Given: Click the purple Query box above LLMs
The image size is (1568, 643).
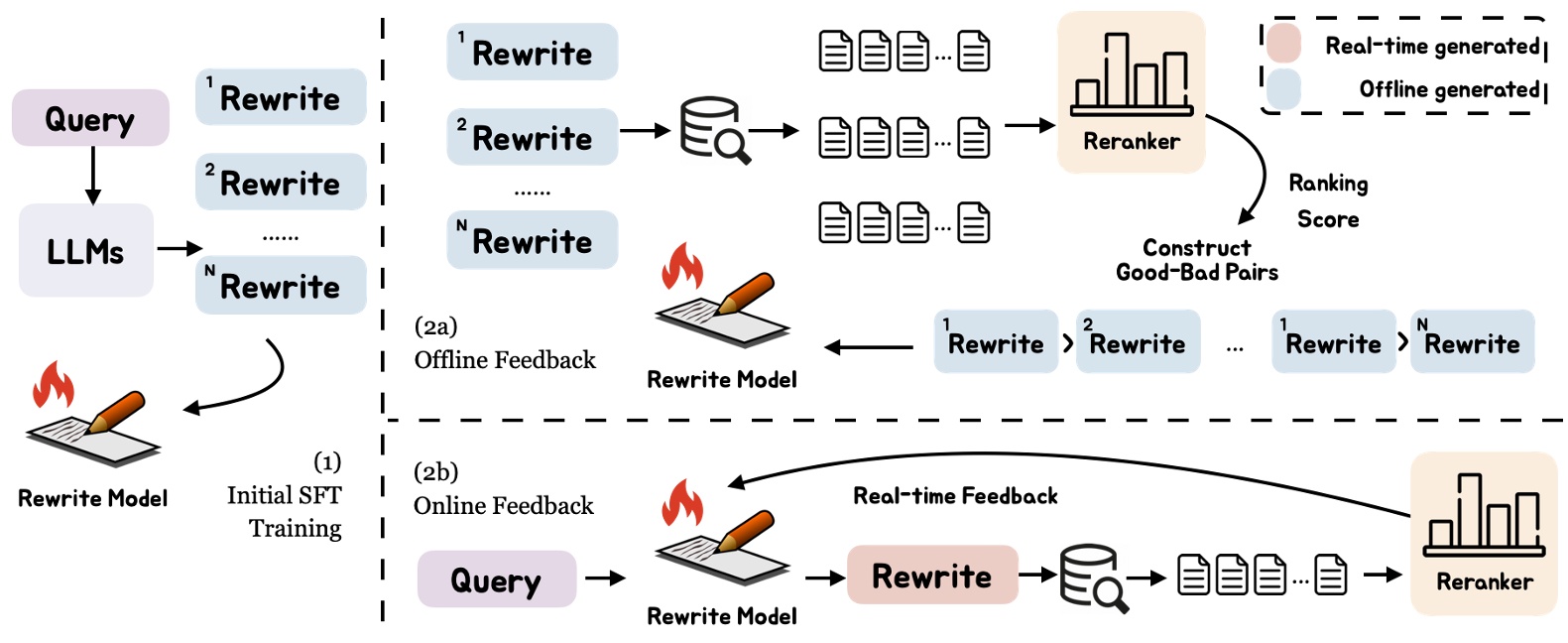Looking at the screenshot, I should point(90,118).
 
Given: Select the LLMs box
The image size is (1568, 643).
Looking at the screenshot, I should point(86,250).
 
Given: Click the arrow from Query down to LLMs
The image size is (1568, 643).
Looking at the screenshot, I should point(92,175).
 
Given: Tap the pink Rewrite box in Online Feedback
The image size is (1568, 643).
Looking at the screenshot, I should point(931,576).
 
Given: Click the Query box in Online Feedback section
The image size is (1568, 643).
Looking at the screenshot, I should point(496,579).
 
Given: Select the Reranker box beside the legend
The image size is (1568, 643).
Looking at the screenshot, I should point(1131,92).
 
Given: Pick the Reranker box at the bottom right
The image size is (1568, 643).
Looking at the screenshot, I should point(1484,534).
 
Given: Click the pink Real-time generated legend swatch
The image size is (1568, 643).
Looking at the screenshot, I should point(1283,45).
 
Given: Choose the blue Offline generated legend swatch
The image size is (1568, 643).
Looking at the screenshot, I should point(1283,89).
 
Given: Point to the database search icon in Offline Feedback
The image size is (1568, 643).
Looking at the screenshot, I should point(714,130).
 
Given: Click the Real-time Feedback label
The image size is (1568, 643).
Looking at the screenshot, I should point(955,495).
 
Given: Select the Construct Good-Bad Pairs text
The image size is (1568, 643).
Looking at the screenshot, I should point(1197,260).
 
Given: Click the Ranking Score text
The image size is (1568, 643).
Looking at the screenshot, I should point(1328,200).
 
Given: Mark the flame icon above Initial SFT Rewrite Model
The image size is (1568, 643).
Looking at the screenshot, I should point(54,385).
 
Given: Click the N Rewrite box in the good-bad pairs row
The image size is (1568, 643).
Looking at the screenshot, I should point(1472,342).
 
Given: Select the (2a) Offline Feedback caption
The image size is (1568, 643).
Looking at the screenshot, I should point(504,343).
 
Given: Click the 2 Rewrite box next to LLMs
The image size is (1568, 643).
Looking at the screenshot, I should point(281,182).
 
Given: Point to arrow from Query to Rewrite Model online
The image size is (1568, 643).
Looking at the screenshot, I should point(605,578).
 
